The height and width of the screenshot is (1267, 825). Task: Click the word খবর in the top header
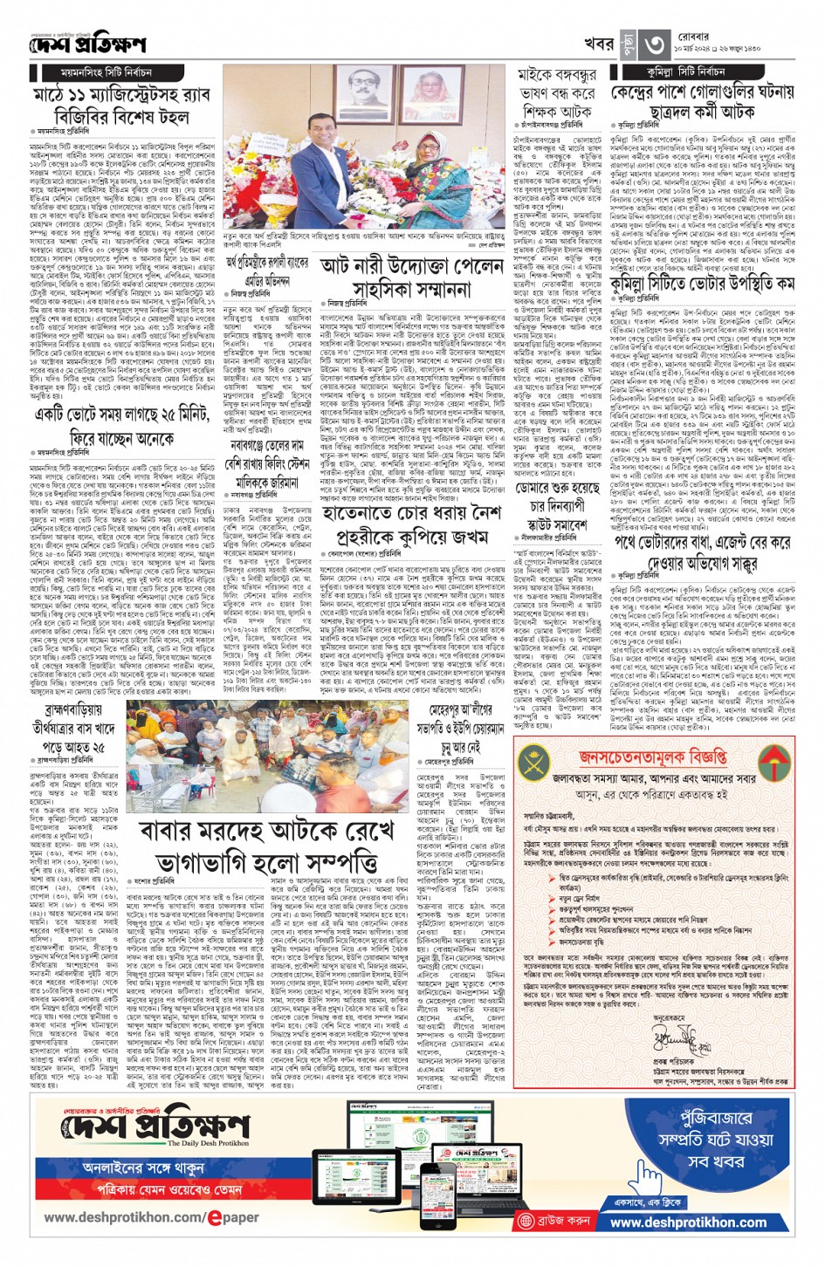point(601,42)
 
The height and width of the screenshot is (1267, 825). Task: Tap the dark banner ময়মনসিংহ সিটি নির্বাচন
point(107,72)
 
